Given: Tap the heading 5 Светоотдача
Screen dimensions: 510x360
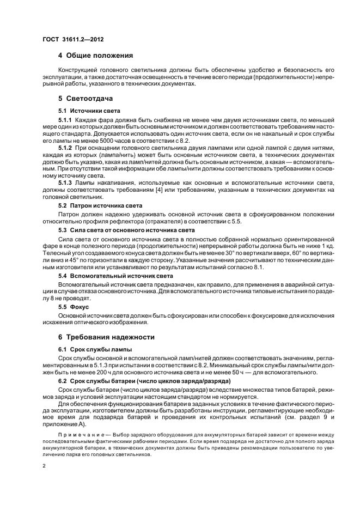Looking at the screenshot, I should [86, 99].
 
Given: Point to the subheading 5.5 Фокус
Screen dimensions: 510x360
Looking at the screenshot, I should [73, 307].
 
